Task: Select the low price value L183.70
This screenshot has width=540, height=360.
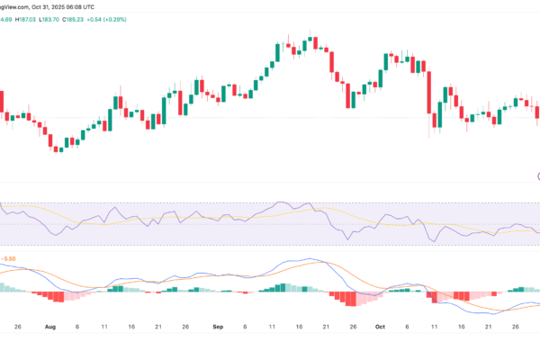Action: pyautogui.click(x=71, y=5)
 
